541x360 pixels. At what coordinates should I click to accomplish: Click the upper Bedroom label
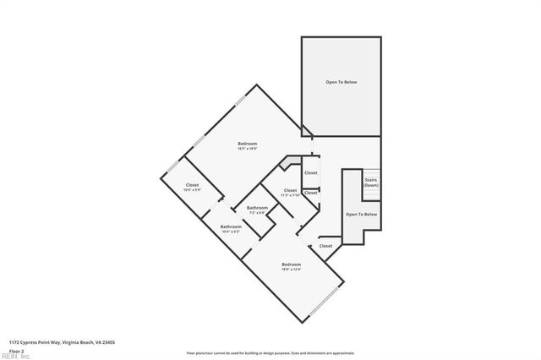(247, 144)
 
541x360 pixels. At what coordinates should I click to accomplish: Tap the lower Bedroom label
(291, 265)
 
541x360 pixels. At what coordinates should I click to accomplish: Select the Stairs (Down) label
(370, 183)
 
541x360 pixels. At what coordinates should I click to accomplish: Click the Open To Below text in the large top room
(342, 82)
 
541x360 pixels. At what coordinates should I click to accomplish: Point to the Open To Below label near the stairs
(361, 215)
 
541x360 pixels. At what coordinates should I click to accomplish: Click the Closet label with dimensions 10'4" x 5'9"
(192, 184)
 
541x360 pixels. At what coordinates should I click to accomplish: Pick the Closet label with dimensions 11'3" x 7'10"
(290, 190)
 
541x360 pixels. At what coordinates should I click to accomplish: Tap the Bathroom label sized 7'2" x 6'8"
(257, 208)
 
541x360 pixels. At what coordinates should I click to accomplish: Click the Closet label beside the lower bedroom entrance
(325, 246)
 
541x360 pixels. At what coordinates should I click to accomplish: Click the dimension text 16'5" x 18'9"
(247, 149)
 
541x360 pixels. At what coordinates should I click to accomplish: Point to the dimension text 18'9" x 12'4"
(291, 270)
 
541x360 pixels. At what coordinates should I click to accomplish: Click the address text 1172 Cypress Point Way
(56, 342)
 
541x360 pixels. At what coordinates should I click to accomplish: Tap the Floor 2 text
(16, 351)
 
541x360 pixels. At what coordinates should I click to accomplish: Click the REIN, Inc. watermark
(15, 357)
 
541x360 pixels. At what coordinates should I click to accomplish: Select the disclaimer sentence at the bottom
(270, 353)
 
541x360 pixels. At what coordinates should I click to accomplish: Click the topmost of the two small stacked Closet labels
(311, 172)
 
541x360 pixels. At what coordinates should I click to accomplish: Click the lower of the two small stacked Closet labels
(311, 193)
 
